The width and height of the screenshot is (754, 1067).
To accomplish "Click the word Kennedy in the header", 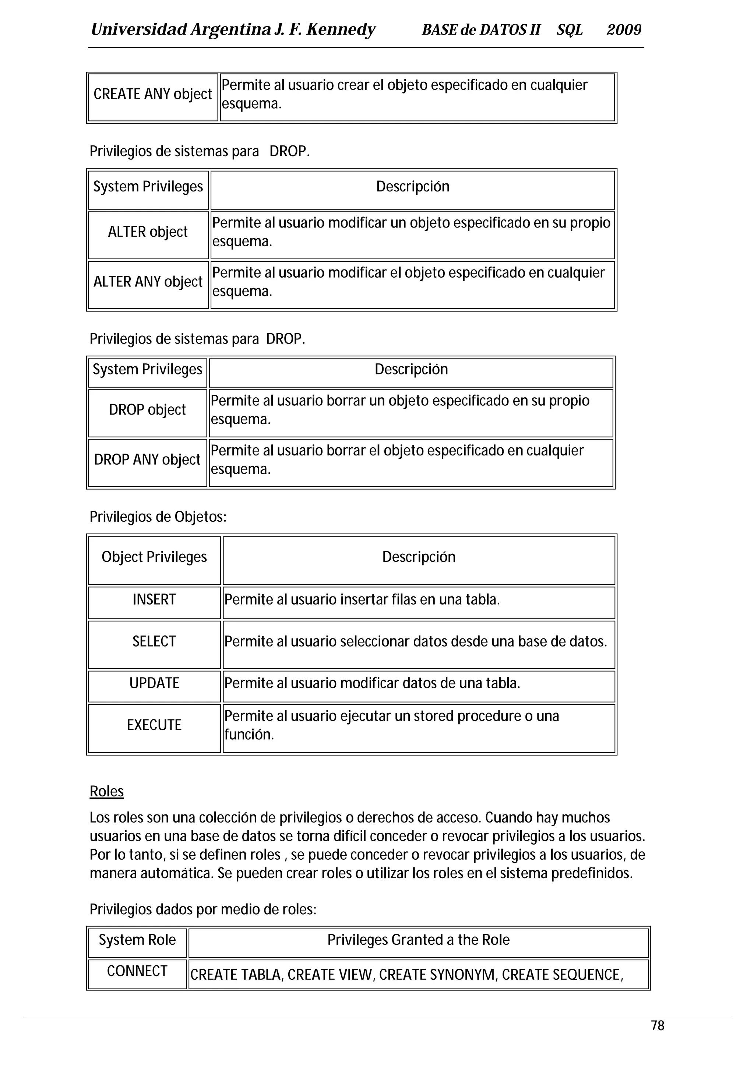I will coord(341,30).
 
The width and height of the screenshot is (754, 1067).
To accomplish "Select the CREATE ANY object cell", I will coord(152,94).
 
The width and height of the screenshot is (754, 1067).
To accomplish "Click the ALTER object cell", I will coord(148,232).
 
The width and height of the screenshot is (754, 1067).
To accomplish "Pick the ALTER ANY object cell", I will coord(148,282).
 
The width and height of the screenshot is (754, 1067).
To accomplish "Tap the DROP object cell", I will coord(147,410).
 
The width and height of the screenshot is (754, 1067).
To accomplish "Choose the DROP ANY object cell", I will coord(147,459).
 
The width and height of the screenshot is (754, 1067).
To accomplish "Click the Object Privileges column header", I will coord(154,557).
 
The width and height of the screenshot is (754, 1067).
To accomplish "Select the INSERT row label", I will coord(154,599).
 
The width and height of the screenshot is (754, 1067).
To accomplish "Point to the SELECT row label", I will coord(154,641).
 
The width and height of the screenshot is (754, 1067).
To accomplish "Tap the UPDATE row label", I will coord(154,683).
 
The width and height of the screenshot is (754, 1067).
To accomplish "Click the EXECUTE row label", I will coord(154,725).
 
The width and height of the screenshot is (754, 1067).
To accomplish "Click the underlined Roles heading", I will coord(106,792).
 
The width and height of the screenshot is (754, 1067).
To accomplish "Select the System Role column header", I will coord(137,940).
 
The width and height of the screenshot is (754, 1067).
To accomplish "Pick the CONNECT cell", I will coord(137,971).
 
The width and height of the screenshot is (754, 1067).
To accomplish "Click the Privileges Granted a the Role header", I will coord(418,940).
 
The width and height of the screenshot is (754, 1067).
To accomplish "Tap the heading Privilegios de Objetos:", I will coord(158,517).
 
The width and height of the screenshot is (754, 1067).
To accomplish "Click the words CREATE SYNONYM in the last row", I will coord(437,975).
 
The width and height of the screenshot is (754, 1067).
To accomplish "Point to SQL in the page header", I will coord(570,30).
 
